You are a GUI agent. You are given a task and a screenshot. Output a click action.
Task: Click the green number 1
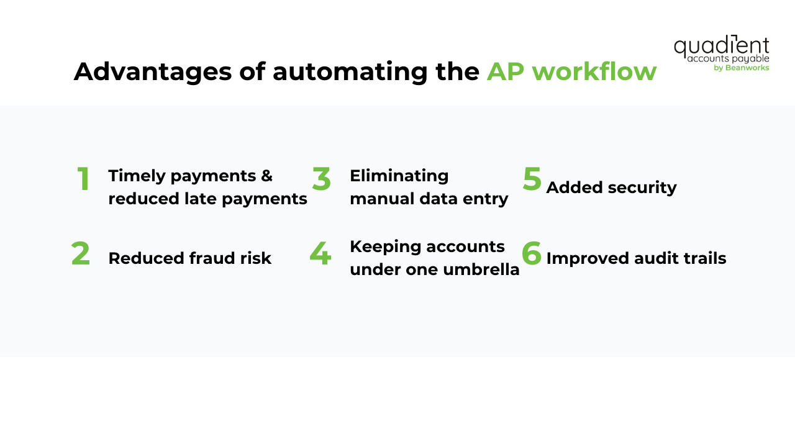pos(83,179)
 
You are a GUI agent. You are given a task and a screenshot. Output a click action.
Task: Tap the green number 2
pos(81,254)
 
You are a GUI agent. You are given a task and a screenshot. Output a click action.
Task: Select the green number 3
pos(321,179)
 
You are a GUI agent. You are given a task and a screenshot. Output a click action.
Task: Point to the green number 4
pos(320,254)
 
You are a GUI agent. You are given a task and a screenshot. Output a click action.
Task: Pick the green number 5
pos(532,179)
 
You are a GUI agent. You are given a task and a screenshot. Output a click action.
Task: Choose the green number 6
pos(532,254)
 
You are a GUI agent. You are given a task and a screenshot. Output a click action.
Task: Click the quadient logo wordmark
pos(721,46)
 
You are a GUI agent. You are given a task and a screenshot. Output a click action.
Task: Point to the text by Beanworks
pos(742,68)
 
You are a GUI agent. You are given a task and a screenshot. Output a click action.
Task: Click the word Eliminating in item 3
pos(399,176)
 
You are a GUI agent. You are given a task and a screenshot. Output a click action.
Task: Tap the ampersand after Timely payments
pos(266,176)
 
